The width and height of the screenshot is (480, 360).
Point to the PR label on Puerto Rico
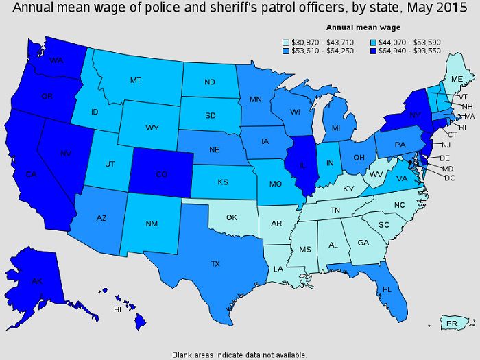click(x=451, y=323)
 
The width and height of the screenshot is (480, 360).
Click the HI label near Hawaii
click(x=117, y=309)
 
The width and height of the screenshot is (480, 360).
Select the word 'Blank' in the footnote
click(x=184, y=355)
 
